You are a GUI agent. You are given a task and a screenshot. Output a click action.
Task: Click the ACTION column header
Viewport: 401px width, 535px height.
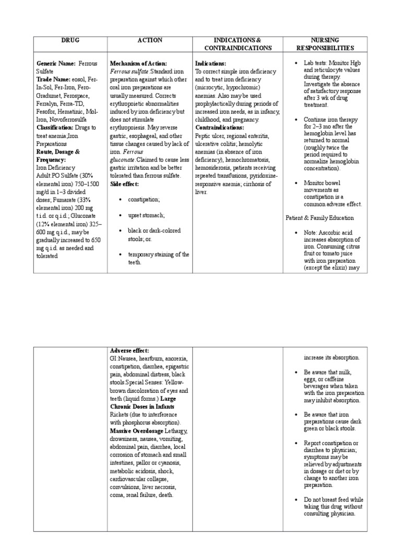(x=150, y=40)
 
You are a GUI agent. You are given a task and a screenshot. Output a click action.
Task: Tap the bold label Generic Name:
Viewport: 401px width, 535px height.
(x=56, y=63)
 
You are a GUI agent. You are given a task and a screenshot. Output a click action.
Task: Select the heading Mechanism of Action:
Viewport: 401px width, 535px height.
(x=138, y=63)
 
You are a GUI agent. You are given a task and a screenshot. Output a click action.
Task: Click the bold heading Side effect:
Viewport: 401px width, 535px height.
(x=125, y=184)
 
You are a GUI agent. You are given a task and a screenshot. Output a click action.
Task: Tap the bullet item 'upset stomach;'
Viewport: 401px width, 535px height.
(x=146, y=215)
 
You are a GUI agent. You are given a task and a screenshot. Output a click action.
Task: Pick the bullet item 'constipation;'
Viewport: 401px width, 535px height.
(x=144, y=200)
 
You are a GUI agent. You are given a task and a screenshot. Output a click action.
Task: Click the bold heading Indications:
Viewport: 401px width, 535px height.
(x=210, y=63)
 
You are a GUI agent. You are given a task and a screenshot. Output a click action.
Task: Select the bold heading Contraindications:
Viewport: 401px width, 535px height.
(x=219, y=127)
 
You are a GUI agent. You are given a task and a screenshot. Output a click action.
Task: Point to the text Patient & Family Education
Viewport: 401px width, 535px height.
(x=320, y=217)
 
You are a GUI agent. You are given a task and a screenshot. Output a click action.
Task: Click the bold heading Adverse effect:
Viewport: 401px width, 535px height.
(x=129, y=350)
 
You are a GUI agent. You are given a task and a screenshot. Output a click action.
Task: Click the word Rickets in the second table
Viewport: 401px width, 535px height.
(x=120, y=414)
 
